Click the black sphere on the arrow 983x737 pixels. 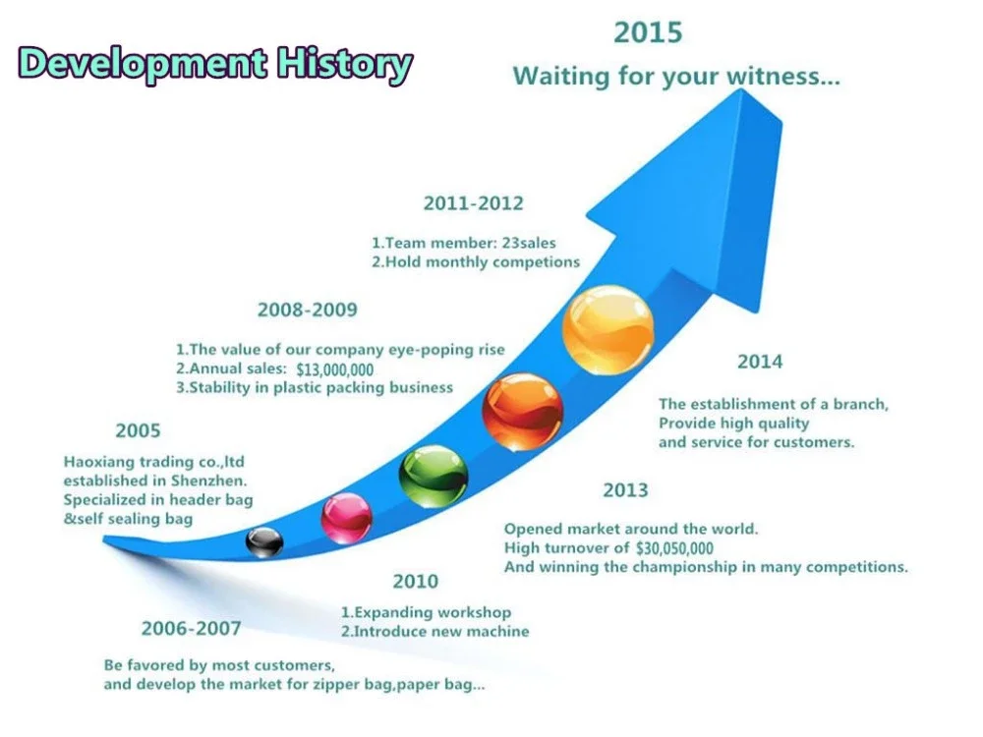click(x=263, y=542)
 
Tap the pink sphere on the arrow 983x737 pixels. click(x=347, y=518)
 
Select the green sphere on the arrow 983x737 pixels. click(x=434, y=477)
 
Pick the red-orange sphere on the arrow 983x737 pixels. click(x=522, y=412)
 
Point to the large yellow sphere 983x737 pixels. click(x=608, y=330)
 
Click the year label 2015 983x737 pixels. click(x=648, y=32)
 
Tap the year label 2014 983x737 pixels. click(x=760, y=362)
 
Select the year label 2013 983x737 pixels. click(x=625, y=490)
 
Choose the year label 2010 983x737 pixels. click(x=416, y=582)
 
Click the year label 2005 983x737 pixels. click(x=138, y=430)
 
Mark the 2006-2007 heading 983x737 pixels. click(x=192, y=628)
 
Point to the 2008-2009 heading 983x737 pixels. click(x=307, y=310)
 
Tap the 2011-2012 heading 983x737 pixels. click(x=474, y=203)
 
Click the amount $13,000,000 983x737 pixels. click(x=335, y=369)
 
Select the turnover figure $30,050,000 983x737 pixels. click(x=674, y=548)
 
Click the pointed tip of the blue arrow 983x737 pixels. click(x=741, y=89)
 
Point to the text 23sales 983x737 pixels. click(x=529, y=243)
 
